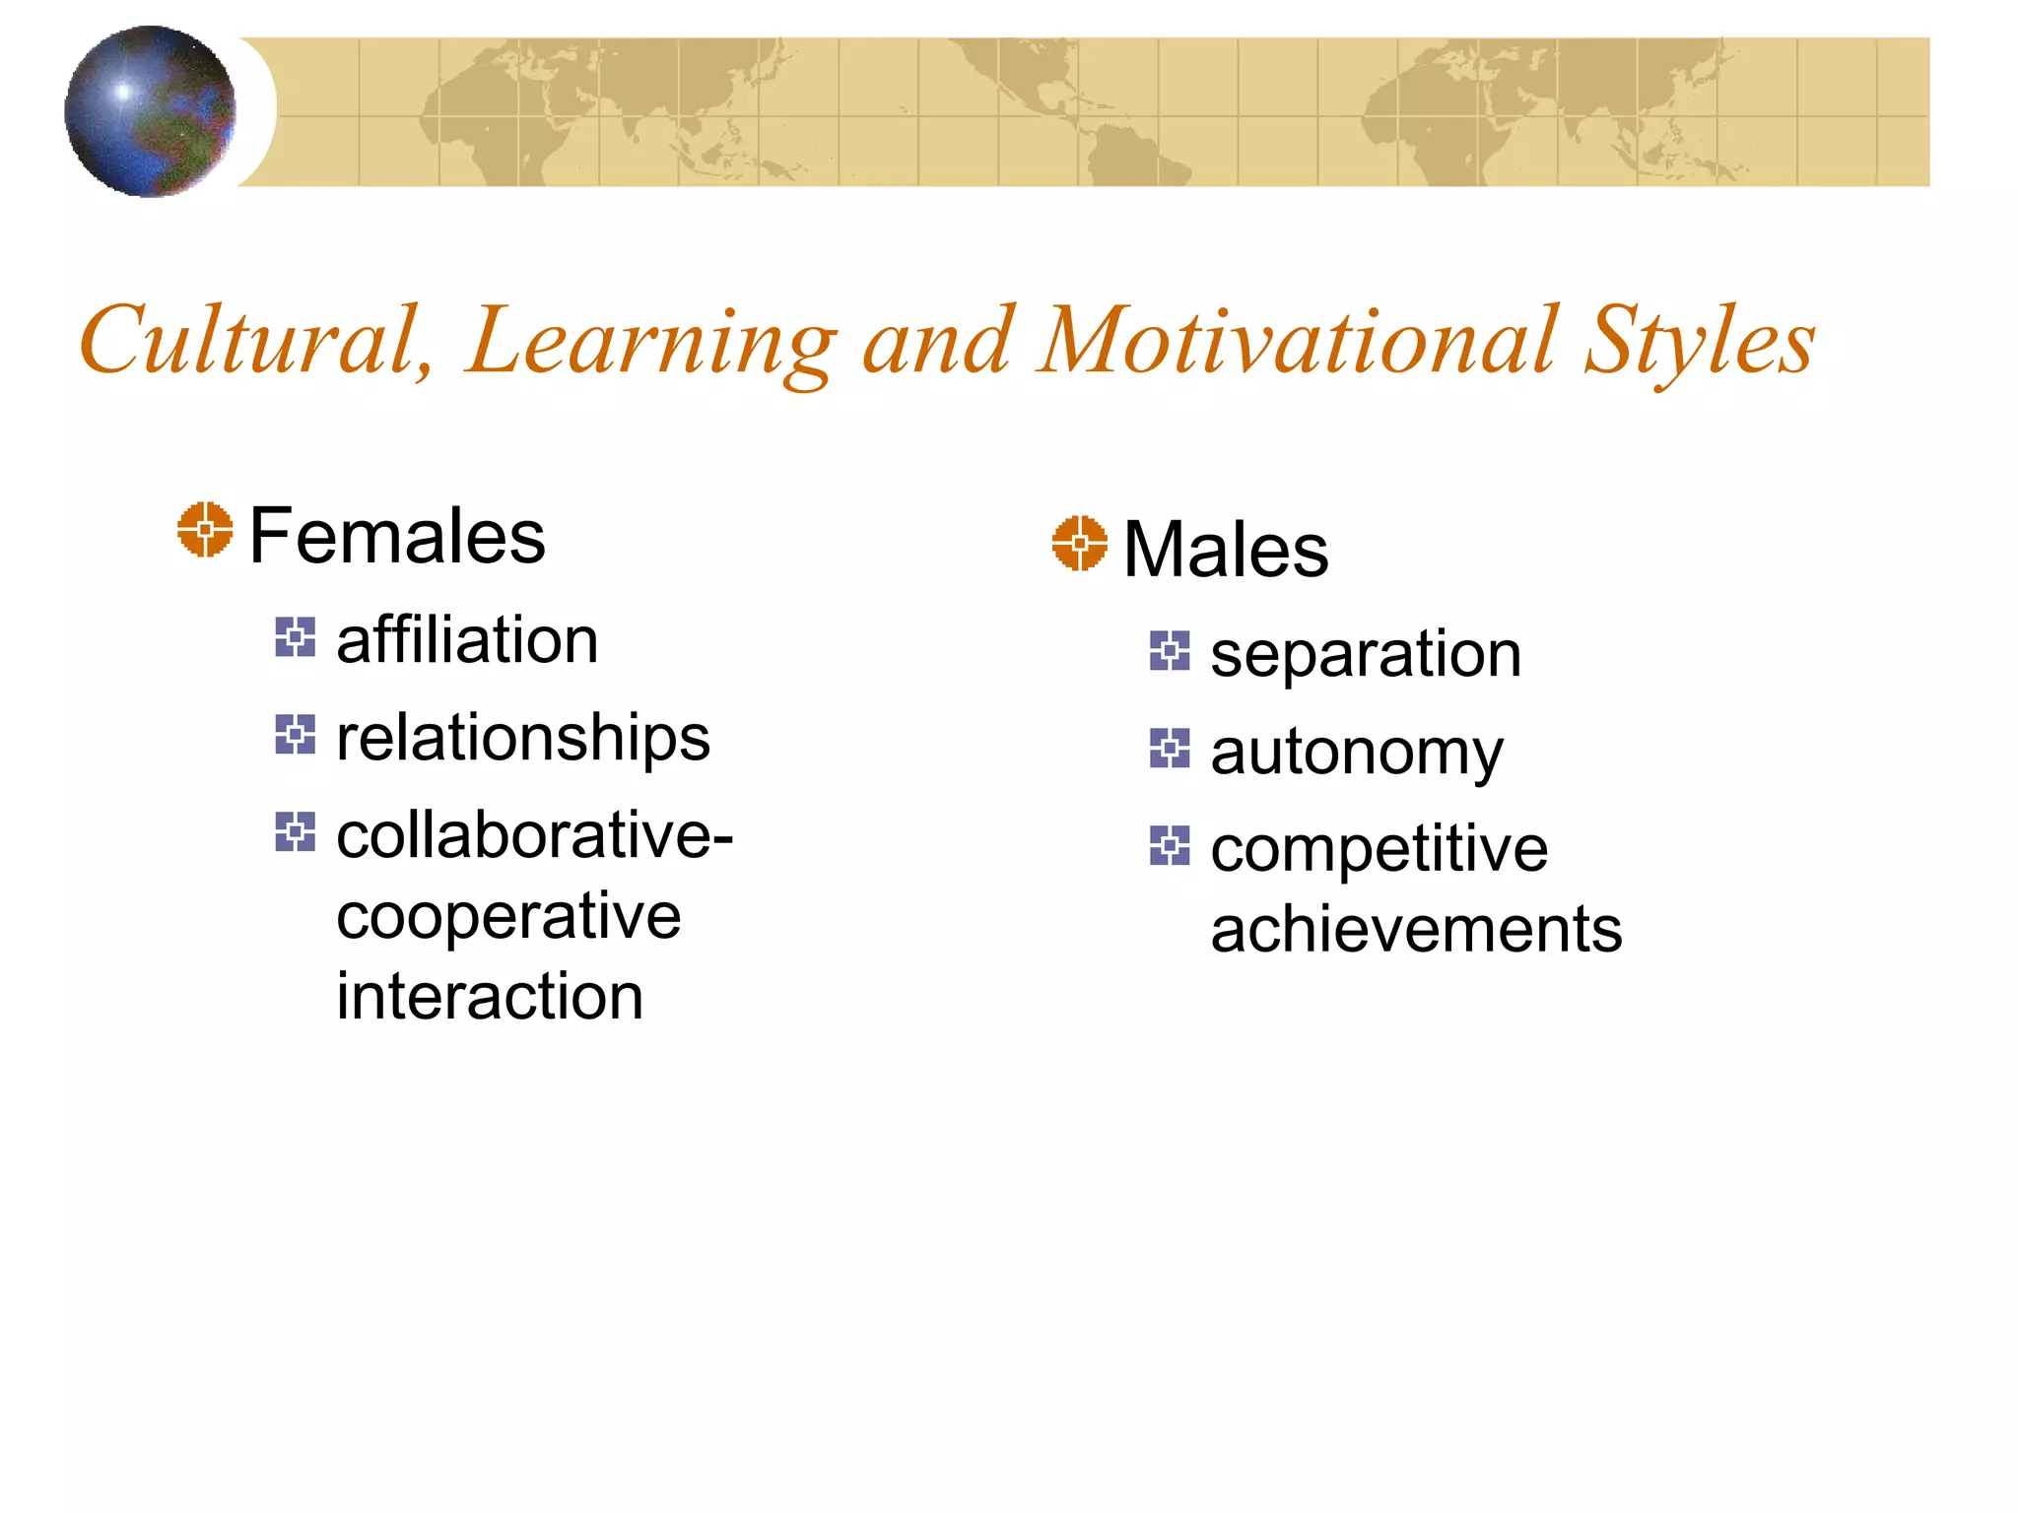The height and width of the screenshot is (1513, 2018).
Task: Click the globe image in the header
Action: click(150, 111)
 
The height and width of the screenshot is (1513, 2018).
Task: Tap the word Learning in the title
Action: click(651, 341)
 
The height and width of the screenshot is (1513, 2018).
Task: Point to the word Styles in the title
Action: click(1700, 341)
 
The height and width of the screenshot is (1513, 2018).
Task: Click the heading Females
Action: click(397, 536)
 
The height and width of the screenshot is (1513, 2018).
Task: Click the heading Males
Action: click(1226, 550)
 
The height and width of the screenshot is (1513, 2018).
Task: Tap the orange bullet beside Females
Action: click(205, 530)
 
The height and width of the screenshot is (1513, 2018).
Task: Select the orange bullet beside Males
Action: click(1079, 543)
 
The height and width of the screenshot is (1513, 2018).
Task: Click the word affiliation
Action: click(467, 640)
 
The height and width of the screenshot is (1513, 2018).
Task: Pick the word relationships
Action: click(522, 738)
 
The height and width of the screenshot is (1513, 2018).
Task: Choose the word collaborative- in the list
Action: click(535, 835)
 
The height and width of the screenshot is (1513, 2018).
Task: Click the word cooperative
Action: click(508, 916)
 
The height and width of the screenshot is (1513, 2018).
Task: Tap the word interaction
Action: click(490, 996)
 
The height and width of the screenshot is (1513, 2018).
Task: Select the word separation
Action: click(1366, 654)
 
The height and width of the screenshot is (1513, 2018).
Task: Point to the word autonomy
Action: click(1357, 752)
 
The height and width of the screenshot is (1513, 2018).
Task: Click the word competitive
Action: click(1379, 848)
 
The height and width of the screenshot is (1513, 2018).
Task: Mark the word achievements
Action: click(1416, 929)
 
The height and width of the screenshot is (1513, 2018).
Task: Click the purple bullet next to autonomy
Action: click(1170, 749)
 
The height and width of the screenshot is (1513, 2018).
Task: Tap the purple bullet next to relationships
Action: click(295, 735)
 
